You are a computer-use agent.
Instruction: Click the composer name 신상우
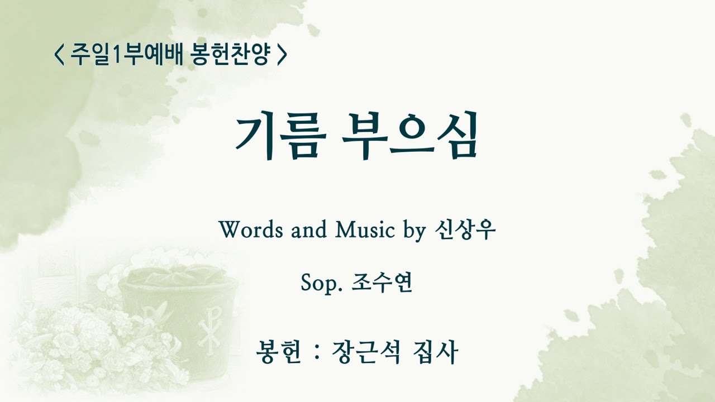[464, 229]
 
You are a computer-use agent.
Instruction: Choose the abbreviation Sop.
[321, 284]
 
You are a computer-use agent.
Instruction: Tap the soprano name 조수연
[382, 284]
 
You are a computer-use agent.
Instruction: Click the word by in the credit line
[414, 231]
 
